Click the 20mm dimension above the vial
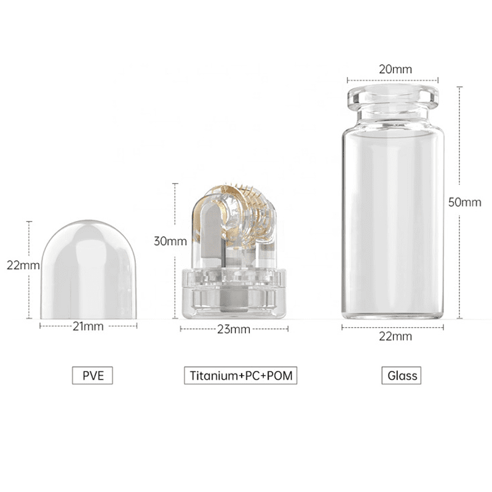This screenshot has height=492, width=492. [395, 69]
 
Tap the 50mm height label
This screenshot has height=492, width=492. [464, 202]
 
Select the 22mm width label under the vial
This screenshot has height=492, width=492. [395, 336]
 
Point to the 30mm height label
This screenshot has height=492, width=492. [170, 241]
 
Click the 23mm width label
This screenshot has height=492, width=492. [234, 329]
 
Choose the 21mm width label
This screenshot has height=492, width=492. [88, 327]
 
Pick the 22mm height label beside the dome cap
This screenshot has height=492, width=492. [23, 265]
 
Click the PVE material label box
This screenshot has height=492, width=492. [93, 375]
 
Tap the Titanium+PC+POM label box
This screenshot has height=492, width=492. [240, 375]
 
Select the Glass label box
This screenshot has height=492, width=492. [402, 375]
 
